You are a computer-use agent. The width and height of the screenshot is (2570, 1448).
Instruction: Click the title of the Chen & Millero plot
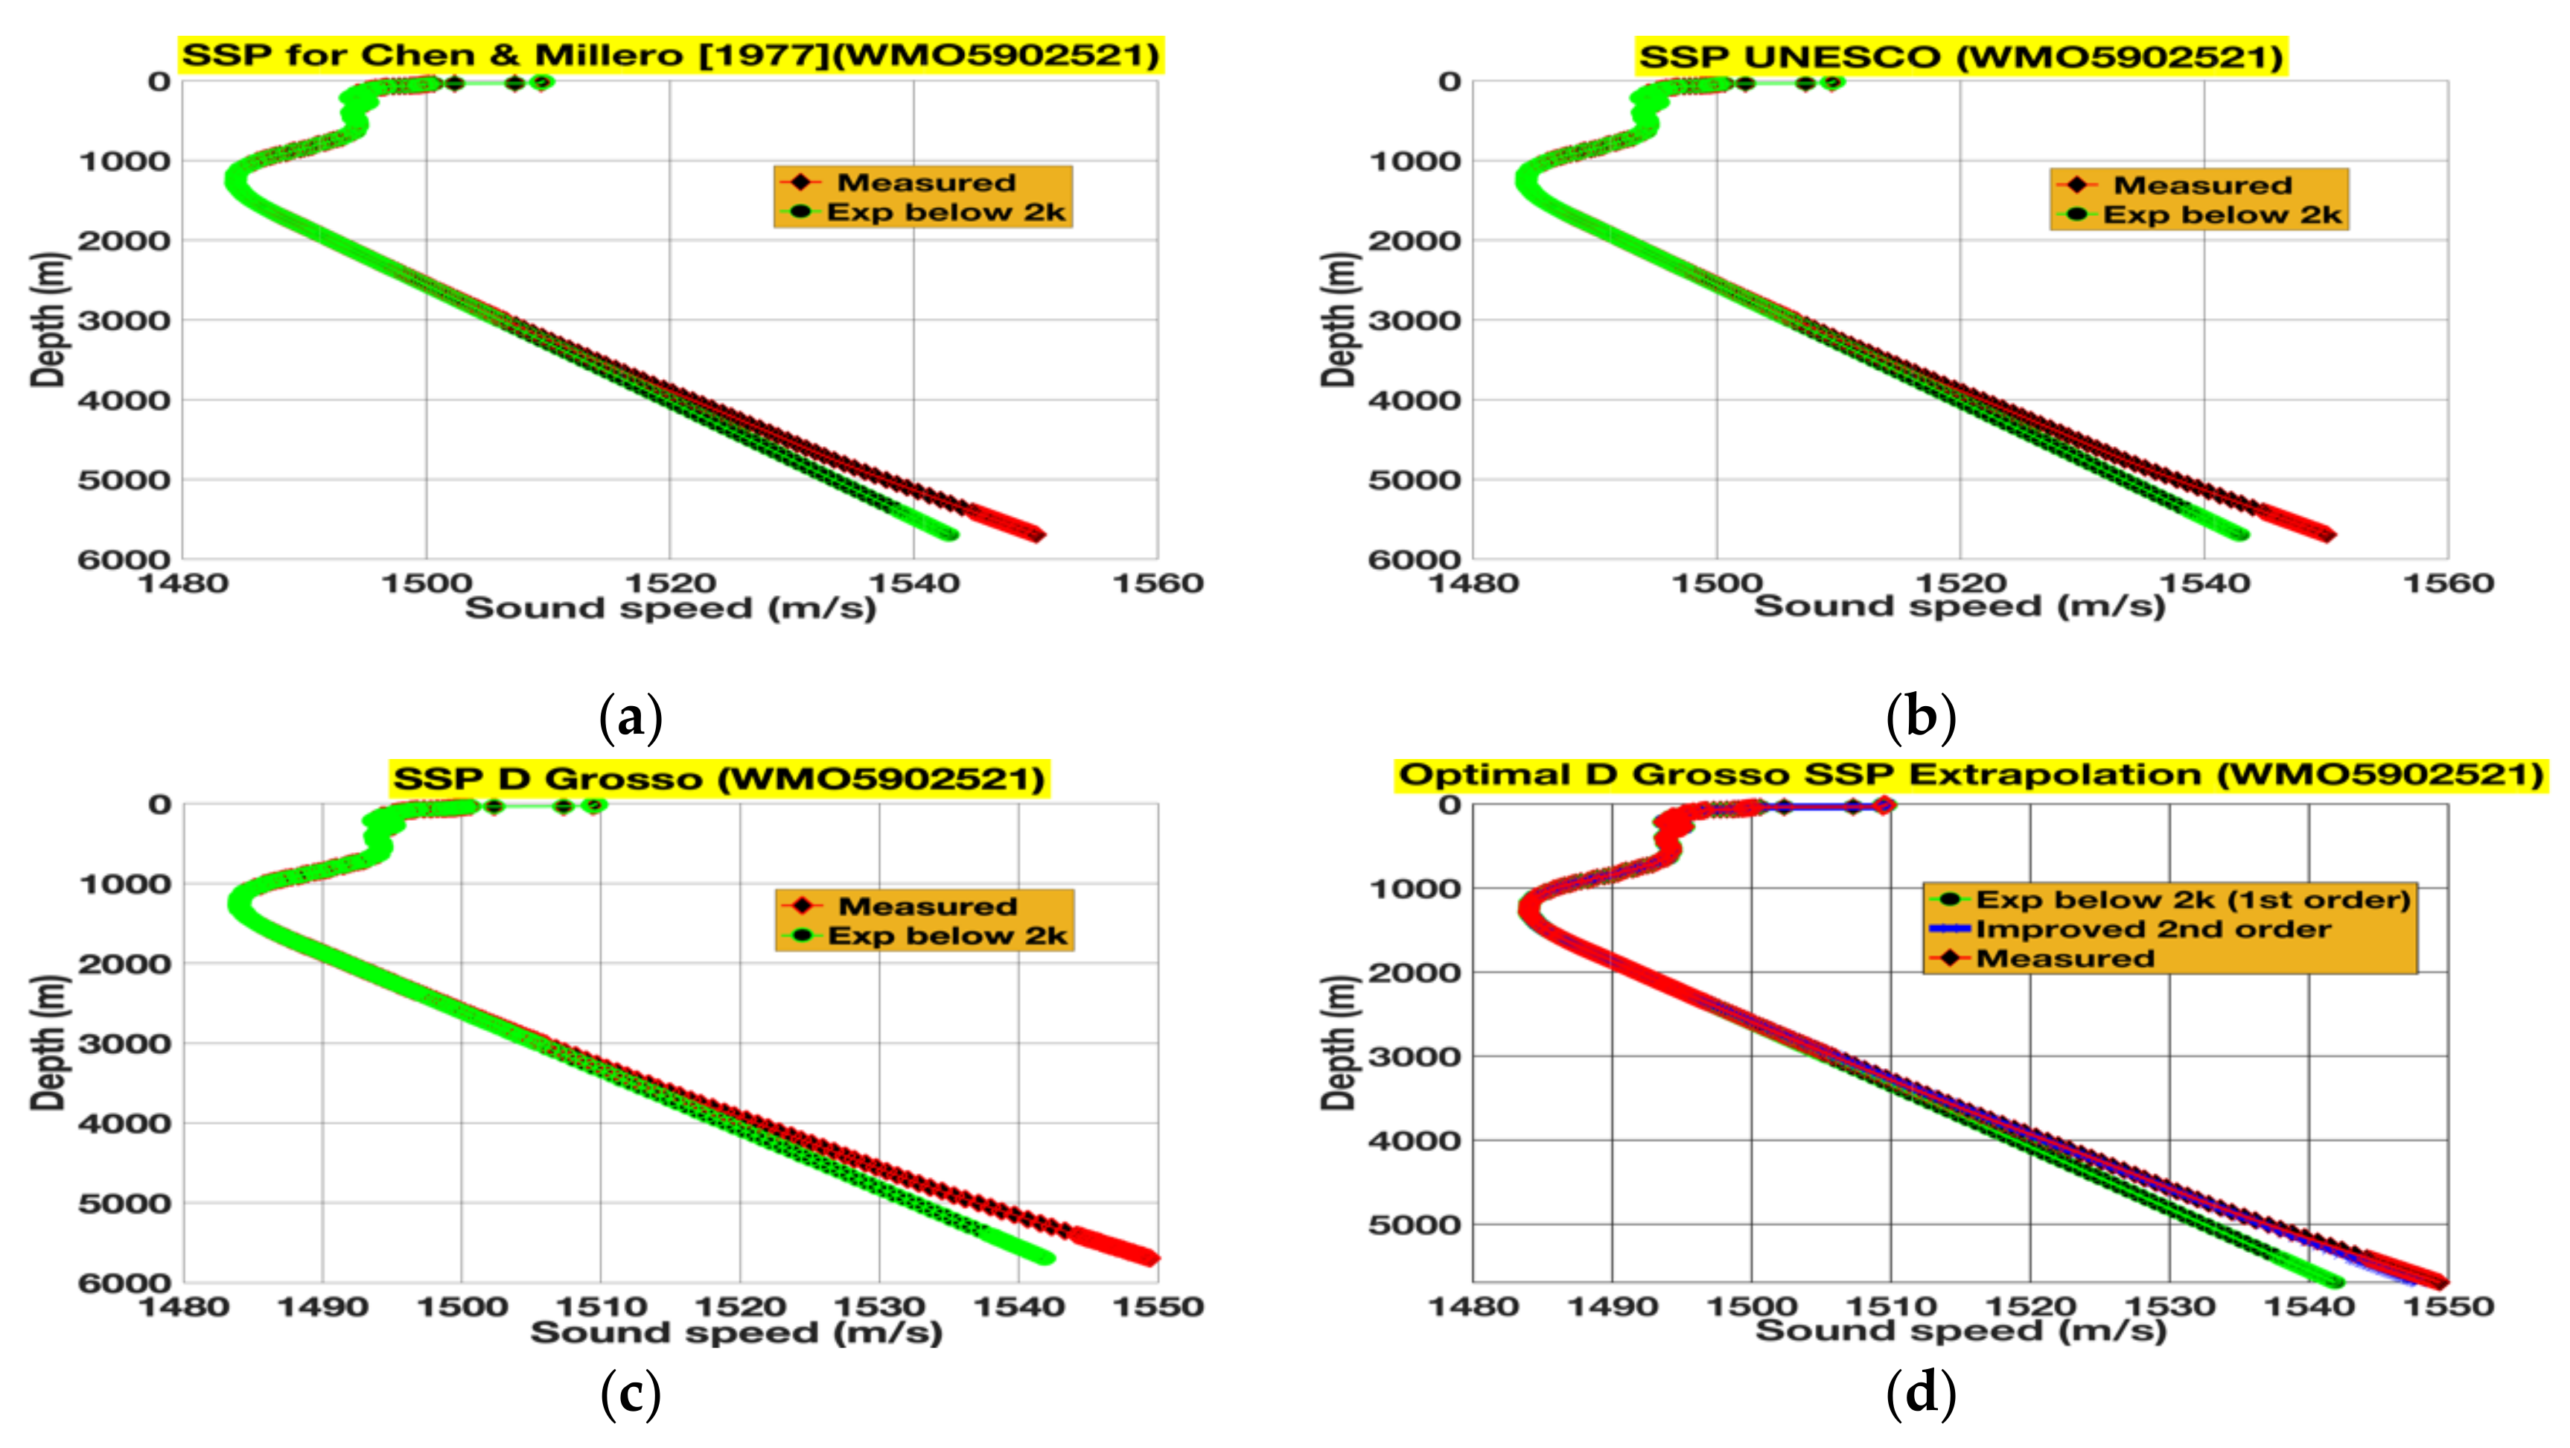point(671,55)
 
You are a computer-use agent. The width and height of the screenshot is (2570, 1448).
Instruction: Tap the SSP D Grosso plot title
point(718,778)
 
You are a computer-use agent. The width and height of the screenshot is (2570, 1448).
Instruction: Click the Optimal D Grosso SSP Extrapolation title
point(1971,775)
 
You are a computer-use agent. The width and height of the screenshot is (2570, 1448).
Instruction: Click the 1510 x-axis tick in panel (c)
point(601,1307)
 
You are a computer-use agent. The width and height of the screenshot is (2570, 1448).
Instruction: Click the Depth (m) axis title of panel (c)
point(47,1043)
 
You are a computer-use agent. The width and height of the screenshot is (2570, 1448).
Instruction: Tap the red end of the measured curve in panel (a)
point(1038,535)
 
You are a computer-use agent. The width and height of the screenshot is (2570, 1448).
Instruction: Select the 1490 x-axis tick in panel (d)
point(1613,1307)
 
